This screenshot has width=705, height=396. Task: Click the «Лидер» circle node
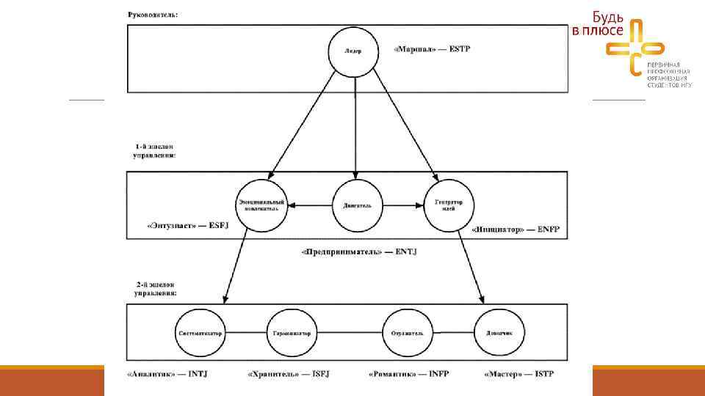355,51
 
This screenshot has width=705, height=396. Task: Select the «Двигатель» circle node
356,205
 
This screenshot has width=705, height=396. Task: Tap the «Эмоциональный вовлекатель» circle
262,205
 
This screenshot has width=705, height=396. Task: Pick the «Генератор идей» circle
449,205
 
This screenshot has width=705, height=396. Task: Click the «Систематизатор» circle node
200,333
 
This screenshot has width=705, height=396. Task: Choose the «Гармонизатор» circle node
291,333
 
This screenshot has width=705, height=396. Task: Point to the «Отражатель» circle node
408,333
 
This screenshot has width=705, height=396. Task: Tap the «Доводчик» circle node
499,333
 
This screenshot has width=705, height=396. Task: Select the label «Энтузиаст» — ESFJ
178,226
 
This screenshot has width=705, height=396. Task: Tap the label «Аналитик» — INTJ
167,374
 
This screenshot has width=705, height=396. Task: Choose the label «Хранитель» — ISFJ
288,374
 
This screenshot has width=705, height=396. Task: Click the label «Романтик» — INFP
408,374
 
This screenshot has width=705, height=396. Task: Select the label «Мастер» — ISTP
519,374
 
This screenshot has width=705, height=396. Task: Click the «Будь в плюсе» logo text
598,23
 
